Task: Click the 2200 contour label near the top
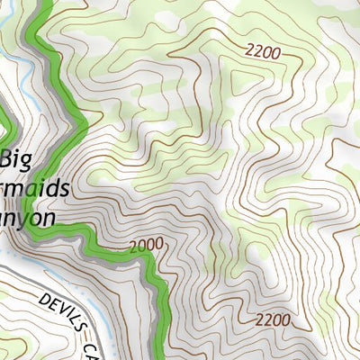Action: pyautogui.click(x=261, y=52)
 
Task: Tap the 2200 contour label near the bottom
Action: pyautogui.click(x=272, y=319)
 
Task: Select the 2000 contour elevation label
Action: pyautogui.click(x=147, y=246)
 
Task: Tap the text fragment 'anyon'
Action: pyautogui.click(x=29, y=217)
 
